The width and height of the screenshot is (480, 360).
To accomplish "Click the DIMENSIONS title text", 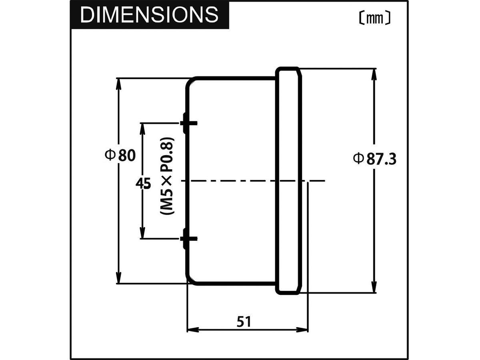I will coord(149,15).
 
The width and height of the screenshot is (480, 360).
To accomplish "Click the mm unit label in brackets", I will coord(372,18).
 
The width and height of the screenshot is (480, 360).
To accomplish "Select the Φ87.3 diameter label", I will coord(374,159).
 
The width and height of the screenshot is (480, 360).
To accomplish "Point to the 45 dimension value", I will coord(143,184).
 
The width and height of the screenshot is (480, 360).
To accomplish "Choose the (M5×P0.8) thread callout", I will coord(167,176).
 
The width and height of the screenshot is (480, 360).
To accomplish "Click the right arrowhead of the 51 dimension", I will coord(303,330).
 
